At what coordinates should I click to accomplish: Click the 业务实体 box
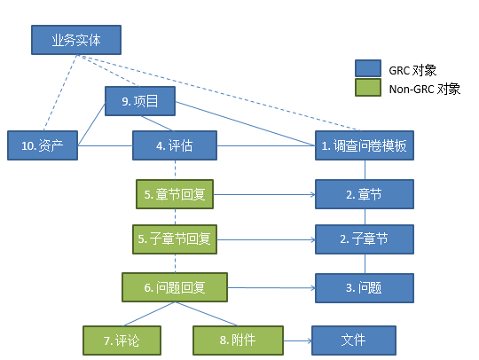point(75,40)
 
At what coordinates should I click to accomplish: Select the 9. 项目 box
point(140,101)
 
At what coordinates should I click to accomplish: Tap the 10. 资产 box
point(42,145)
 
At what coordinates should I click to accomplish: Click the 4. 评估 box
point(175,145)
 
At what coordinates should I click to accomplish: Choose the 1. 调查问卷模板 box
point(365,145)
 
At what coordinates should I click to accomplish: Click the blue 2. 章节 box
point(365,194)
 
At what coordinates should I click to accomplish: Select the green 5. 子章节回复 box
point(175,239)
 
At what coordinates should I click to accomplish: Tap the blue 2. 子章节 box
point(365,239)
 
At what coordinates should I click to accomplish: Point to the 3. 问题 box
point(365,287)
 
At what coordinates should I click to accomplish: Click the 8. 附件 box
point(238,339)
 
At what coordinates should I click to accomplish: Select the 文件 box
point(352,339)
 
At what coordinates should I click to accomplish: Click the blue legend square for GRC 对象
point(367,69)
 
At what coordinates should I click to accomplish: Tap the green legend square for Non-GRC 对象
point(367,88)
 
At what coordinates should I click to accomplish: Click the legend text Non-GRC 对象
point(424,89)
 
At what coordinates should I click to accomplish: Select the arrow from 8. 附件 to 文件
point(296,339)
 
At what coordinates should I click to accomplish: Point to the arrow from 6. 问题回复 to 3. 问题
point(271,287)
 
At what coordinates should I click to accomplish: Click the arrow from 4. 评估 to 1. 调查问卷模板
point(266,145)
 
